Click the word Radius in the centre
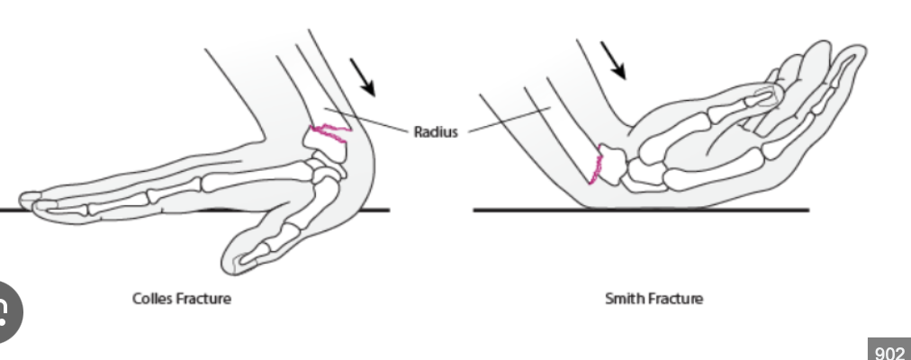coord(436,132)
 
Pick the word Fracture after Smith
coord(674,298)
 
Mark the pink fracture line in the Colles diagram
coord(329,134)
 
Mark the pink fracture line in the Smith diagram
coord(595,166)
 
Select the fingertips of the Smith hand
coord(842,56)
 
